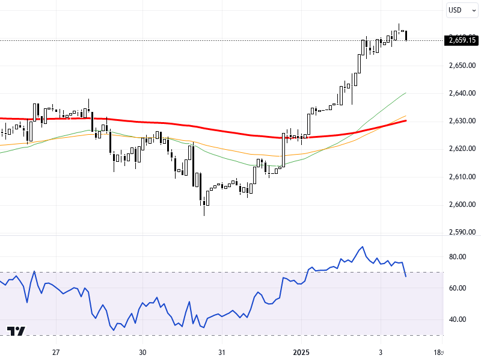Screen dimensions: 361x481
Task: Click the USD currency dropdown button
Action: [459, 10]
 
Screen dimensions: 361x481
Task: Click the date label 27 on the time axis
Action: [56, 352]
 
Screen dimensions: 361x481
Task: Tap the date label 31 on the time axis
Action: [221, 352]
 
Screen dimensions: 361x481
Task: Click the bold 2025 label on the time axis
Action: [301, 352]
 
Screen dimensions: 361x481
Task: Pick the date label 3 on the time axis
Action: [381, 352]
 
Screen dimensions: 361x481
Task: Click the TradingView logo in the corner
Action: [16, 332]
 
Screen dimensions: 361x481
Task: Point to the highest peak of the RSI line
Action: [362, 247]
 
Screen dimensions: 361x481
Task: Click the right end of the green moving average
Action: [406, 93]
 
